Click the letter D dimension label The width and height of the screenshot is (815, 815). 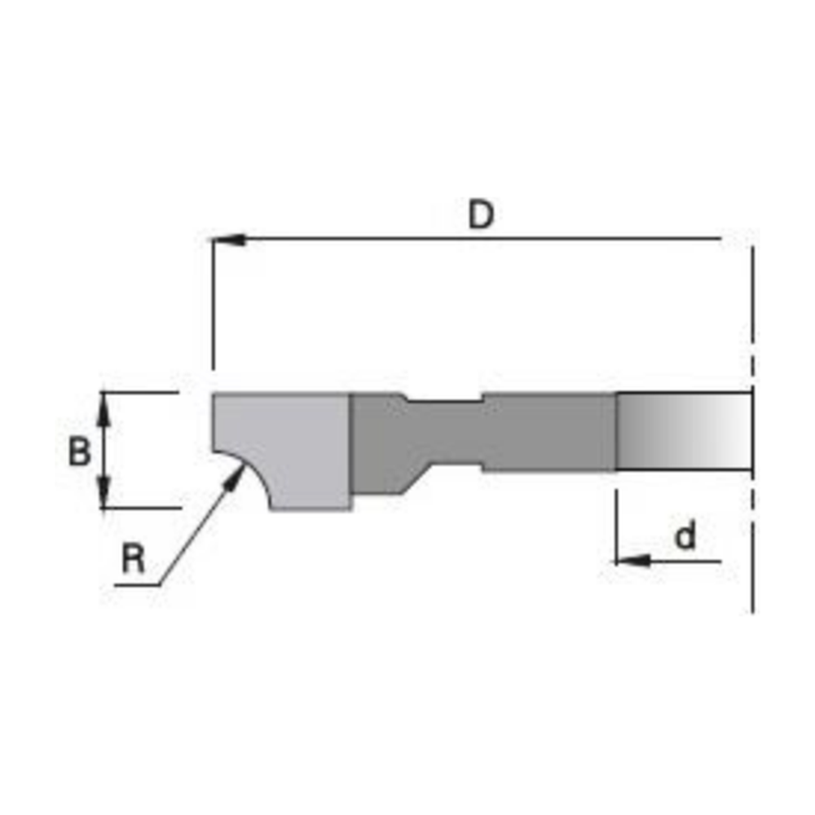481,214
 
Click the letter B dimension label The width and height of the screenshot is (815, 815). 79,451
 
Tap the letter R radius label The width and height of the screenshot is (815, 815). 133,558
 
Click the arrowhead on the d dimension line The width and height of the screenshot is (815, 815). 632,561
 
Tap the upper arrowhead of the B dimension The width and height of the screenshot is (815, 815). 104,409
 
